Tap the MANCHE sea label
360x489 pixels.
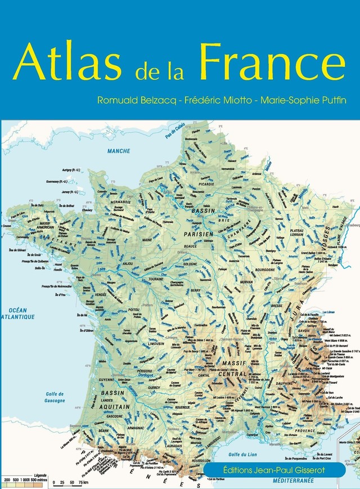(x=119, y=151)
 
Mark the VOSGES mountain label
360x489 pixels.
(x=325, y=230)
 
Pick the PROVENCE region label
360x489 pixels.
(x=305, y=430)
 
